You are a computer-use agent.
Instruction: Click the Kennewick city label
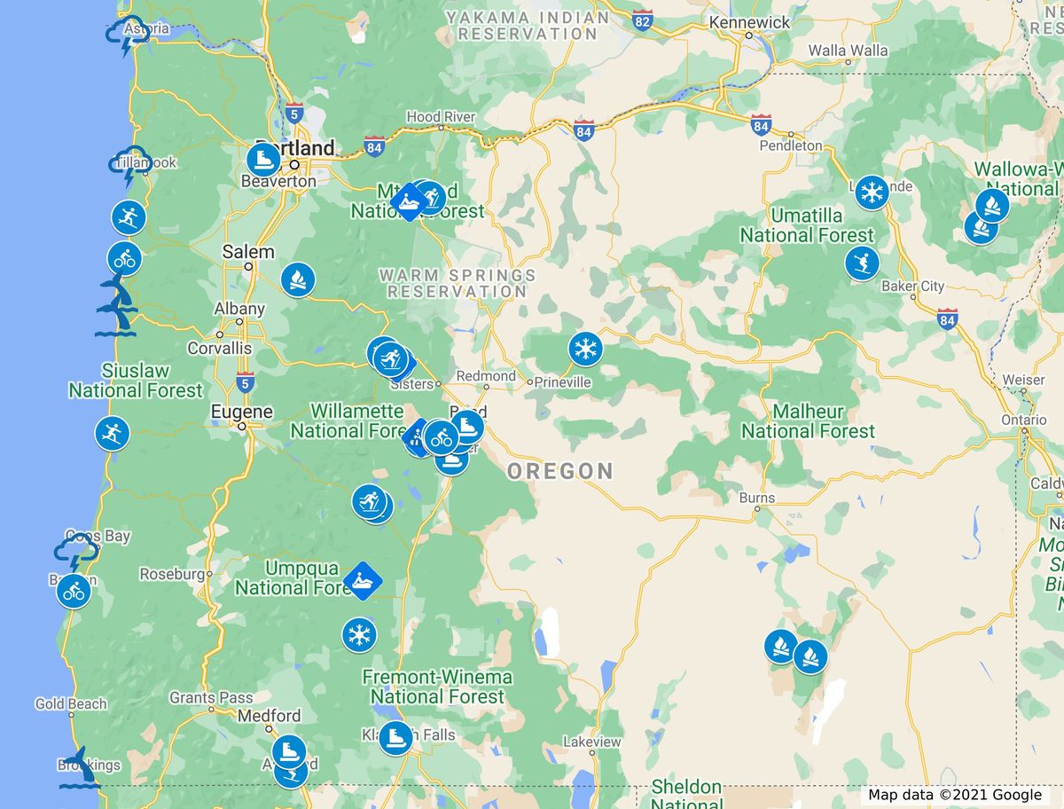pos(749,21)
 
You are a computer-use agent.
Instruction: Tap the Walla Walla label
pos(848,51)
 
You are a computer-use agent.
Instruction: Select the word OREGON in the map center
pos(560,471)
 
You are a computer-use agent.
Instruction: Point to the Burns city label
pos(757,498)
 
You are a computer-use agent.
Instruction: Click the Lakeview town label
pos(592,741)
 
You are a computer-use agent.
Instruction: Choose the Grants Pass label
pos(211,697)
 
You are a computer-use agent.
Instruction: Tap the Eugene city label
pos(241,412)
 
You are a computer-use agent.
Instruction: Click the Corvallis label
pos(219,348)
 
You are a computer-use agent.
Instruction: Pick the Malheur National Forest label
pos(808,421)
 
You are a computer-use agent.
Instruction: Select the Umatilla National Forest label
pos(807,225)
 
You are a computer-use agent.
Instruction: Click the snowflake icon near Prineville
pos(585,349)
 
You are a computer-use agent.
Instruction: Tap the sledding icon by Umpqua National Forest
pos(362,581)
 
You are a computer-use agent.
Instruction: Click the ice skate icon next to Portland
pos(263,161)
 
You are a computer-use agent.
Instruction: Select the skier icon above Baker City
pos(861,263)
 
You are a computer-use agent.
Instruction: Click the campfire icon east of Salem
pos(298,279)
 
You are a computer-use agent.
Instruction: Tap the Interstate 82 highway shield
pos(644,20)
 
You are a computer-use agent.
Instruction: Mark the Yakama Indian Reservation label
pos(528,25)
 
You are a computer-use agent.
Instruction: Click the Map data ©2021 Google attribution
pos(955,795)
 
